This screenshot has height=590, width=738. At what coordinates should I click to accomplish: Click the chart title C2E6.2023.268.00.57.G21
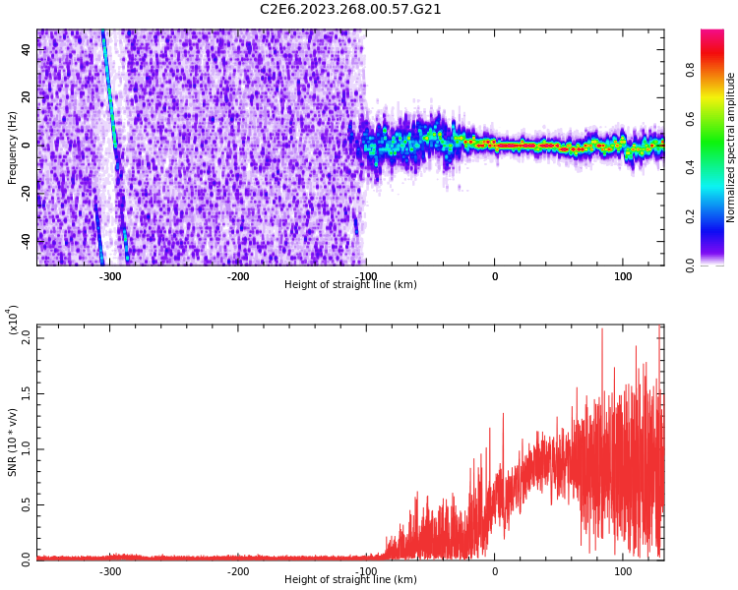(350, 10)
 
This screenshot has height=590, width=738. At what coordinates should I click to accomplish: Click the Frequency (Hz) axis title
(13, 147)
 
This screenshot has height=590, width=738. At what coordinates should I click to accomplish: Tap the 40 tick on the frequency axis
(27, 49)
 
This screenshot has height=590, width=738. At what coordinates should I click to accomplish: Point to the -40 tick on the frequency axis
(27, 240)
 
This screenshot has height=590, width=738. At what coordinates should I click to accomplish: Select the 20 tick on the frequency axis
(27, 97)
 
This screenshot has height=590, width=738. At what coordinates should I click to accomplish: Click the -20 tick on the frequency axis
(27, 193)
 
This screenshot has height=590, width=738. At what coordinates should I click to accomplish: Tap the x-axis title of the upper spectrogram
(350, 285)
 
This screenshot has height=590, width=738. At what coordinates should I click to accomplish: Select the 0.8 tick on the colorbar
(717, 70)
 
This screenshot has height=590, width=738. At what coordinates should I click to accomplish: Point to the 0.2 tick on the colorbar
(717, 216)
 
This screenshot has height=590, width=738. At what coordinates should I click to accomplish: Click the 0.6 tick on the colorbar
(717, 119)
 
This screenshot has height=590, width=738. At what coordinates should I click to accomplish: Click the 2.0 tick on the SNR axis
(27, 337)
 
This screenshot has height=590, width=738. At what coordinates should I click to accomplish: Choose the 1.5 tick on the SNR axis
(27, 393)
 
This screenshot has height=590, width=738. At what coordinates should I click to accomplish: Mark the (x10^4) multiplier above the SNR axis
(13, 320)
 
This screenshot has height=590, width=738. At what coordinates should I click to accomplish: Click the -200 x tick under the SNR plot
(238, 571)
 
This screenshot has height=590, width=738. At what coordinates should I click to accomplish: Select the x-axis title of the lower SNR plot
(350, 580)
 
